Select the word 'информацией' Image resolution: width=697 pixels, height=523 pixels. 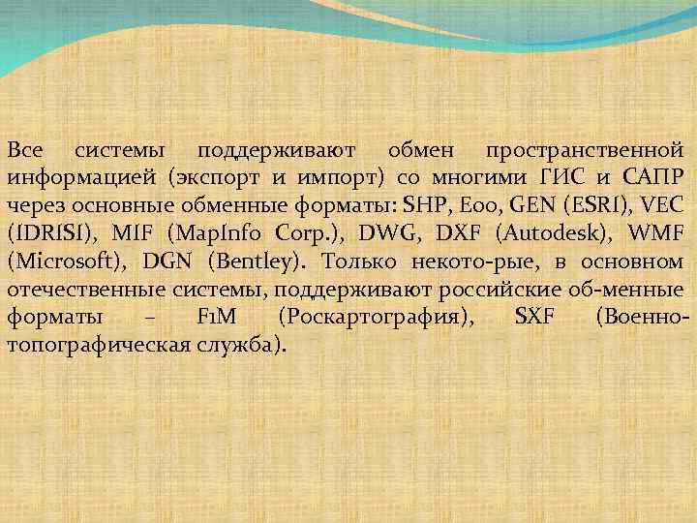point(81,179)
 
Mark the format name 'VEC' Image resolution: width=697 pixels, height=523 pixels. point(662,206)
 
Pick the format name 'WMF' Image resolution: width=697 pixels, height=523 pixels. point(658,234)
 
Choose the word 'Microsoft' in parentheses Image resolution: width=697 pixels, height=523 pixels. point(67,262)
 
